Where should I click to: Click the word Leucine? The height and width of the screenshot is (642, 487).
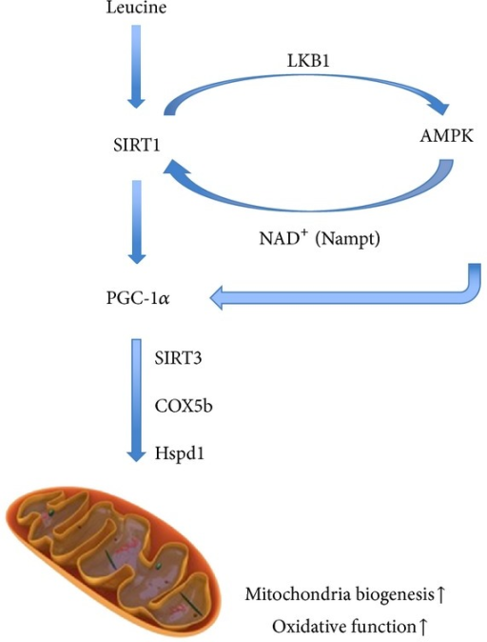[x=136, y=8]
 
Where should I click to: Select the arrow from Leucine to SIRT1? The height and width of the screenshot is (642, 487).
[x=137, y=67]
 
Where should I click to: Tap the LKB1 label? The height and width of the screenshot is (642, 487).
[x=308, y=61]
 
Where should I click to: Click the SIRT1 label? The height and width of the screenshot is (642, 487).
[x=137, y=146]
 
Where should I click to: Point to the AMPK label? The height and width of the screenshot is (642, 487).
[x=446, y=135]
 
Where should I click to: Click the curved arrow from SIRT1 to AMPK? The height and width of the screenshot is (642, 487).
[x=306, y=76]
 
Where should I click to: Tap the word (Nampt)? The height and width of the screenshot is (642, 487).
[x=347, y=239]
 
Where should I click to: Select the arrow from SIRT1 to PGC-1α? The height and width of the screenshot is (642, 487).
[x=137, y=222]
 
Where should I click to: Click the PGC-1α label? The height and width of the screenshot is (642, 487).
[x=138, y=298]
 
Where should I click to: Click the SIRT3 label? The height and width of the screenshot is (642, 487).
[x=178, y=358]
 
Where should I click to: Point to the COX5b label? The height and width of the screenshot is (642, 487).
[x=184, y=406]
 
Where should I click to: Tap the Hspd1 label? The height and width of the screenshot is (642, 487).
[x=180, y=453]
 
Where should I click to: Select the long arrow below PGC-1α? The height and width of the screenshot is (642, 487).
[x=136, y=400]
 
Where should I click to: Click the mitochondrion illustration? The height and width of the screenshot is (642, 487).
[x=113, y=562]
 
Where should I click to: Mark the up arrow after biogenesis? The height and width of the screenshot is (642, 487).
[x=440, y=594]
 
